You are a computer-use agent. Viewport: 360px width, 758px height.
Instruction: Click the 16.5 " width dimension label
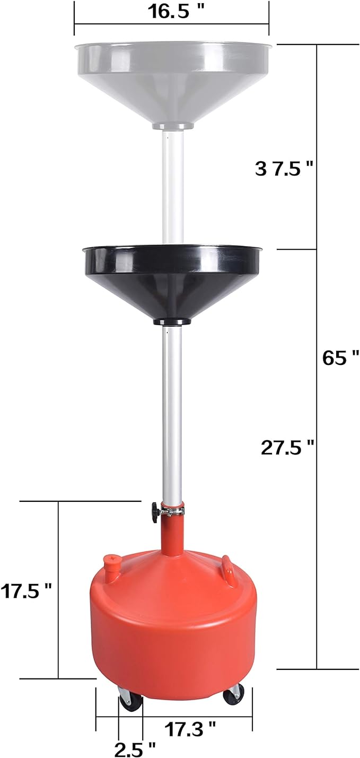point(171,12)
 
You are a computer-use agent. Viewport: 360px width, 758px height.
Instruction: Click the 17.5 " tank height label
point(26,590)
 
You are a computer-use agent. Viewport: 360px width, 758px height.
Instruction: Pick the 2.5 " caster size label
point(135,748)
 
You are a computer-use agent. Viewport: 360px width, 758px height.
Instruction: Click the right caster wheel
point(234,694)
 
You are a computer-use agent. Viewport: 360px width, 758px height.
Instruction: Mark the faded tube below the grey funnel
point(172,180)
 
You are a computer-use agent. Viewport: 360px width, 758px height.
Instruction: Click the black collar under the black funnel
point(172,321)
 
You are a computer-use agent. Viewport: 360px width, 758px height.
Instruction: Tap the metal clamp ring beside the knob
point(173,511)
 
